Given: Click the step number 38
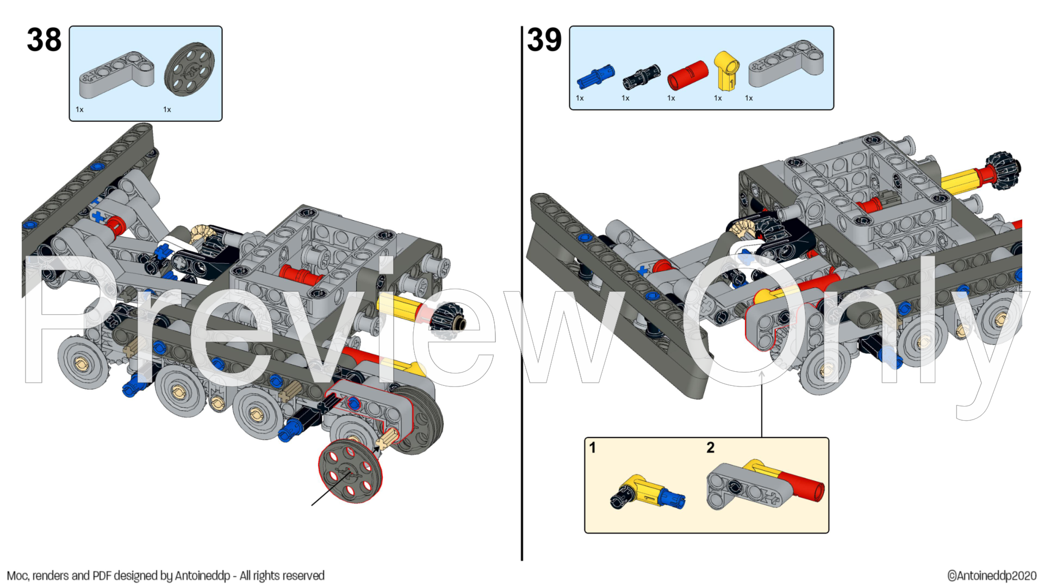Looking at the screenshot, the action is (x=44, y=40).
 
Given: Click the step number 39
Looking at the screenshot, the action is (x=544, y=40).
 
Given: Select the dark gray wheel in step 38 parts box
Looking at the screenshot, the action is (x=189, y=70).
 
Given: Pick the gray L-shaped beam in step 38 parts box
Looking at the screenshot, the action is (x=116, y=75).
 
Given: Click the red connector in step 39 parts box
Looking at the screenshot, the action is (x=688, y=75).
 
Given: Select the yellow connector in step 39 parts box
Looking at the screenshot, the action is (x=726, y=71).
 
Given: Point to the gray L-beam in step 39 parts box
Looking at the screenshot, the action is (x=786, y=64).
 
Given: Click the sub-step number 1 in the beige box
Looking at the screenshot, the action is (x=593, y=448).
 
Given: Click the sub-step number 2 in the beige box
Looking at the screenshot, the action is (x=710, y=448).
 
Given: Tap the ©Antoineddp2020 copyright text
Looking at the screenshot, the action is (x=992, y=576).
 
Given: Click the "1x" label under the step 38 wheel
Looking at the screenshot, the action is (x=167, y=110).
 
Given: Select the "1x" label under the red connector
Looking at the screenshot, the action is (x=671, y=98).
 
